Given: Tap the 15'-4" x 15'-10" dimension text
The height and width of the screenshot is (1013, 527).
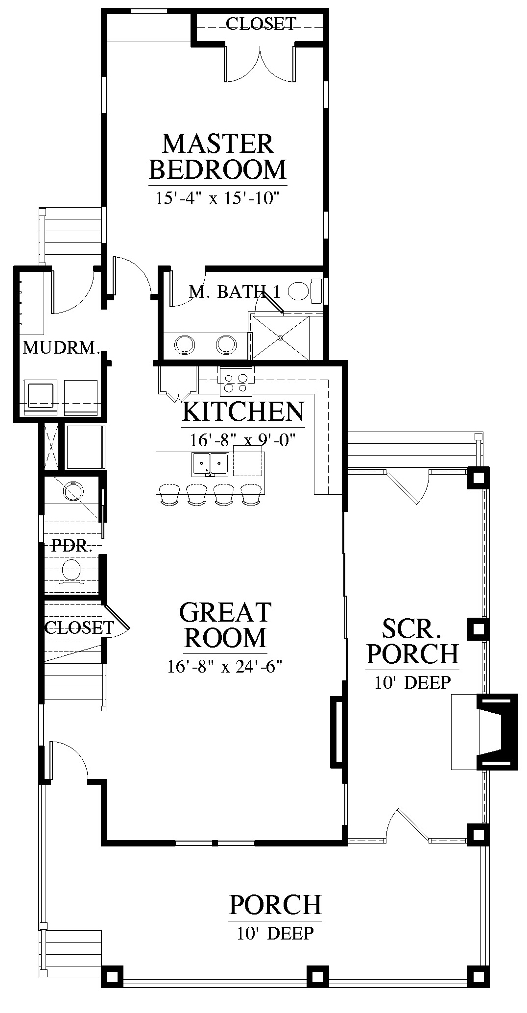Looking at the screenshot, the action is pos(217,198).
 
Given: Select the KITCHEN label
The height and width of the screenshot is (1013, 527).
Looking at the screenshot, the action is pos(243,411).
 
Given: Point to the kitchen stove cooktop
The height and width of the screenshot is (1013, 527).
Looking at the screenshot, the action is pos(236,381).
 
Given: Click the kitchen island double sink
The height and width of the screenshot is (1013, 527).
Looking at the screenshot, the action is pos(211,464).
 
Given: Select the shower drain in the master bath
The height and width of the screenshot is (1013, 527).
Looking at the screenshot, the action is pos(280,338).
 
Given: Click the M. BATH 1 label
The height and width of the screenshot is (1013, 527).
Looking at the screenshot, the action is pos(235,292).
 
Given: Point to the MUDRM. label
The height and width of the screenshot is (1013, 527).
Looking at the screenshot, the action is pos(62,348).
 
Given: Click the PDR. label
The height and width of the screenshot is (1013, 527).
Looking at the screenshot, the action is pos(72,546).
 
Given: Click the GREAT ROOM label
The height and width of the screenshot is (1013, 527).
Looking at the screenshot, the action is pos(225,626).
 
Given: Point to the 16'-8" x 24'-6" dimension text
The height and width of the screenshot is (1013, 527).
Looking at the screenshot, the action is pos(225,667).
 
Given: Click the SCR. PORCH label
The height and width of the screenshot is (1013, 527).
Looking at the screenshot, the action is pos(413,641).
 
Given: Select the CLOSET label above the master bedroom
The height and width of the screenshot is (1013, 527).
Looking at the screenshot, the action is pos(261,24).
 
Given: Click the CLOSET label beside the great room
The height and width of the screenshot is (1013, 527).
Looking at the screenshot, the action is pos(79,627).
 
